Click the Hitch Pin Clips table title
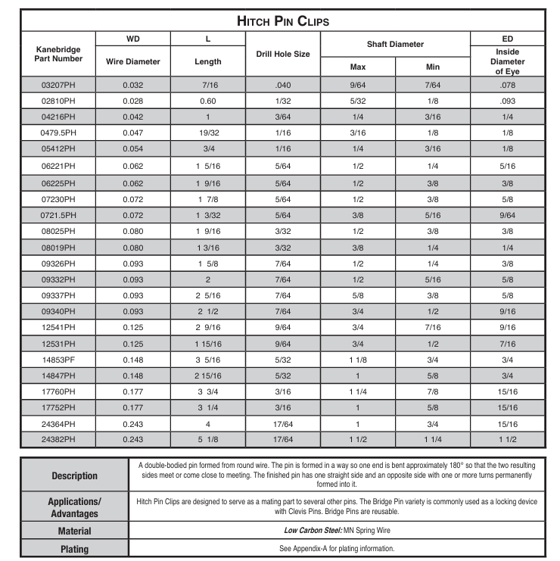(283, 20)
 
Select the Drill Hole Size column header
(283, 55)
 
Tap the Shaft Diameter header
(395, 45)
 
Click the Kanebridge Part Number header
(58, 55)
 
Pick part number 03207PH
(58, 85)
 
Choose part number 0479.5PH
(58, 132)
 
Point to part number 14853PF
(58, 359)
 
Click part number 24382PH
(58, 439)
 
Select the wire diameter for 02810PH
(132, 101)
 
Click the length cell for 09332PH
(208, 279)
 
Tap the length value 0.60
(208, 101)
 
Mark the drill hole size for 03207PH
(283, 85)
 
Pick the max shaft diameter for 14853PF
(358, 359)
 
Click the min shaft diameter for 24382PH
(433, 439)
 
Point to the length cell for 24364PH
(208, 423)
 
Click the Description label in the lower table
(74, 476)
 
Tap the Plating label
(74, 549)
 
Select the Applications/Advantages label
(74, 506)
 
